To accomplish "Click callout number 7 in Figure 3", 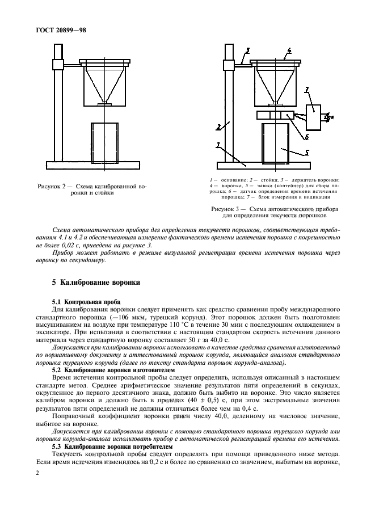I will point(306,90).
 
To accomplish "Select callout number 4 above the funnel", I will point(289,50).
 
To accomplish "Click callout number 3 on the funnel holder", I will point(242,51).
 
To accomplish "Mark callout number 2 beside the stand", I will point(218,127).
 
